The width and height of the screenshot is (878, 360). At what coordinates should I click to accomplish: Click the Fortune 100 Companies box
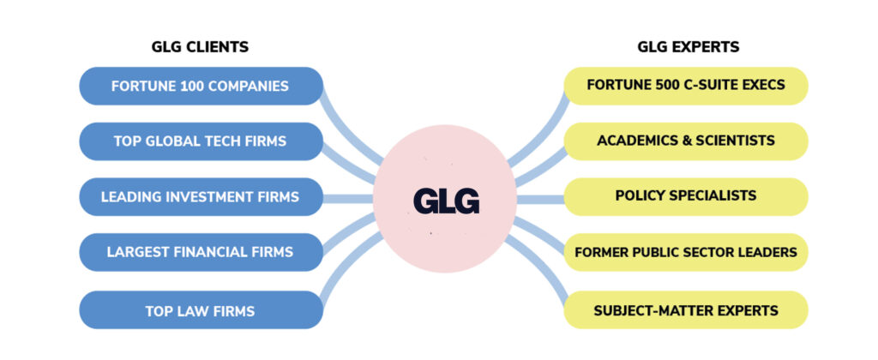point(200,86)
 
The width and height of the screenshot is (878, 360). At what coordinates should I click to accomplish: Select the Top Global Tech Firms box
point(200,141)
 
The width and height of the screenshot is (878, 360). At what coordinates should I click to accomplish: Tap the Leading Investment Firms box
point(200,197)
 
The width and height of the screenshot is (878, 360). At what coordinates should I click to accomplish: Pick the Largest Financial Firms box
point(200,252)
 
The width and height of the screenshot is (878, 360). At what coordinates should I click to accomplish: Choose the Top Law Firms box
point(200,310)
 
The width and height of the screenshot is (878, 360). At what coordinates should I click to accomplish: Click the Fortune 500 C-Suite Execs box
point(685,85)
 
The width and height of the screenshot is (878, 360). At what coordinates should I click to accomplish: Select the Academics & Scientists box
point(685,141)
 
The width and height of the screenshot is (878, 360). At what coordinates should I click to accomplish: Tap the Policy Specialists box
point(685,196)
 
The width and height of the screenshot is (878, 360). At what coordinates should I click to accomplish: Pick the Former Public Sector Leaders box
point(685,252)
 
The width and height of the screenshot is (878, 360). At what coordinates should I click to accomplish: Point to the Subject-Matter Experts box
point(685,310)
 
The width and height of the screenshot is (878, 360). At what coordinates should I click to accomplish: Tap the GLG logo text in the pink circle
point(446,200)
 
